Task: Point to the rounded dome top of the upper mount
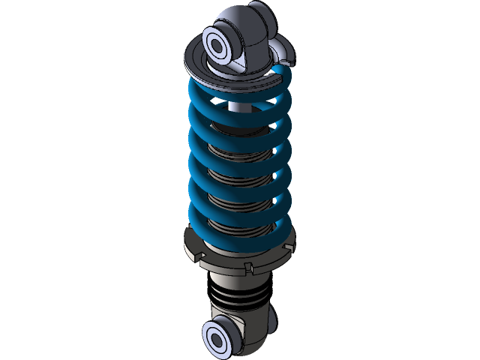click(240, 16)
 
